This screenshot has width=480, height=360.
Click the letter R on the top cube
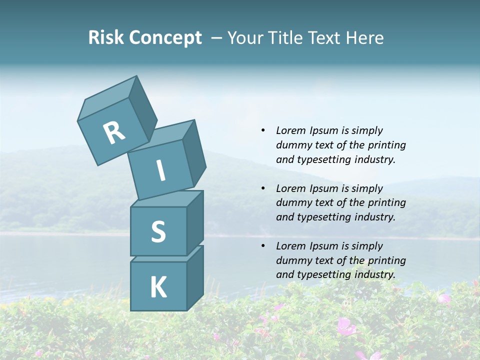[114, 132]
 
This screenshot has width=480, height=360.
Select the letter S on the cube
[158, 231]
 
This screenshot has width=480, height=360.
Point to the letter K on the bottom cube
[158, 287]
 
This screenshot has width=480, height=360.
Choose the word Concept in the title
[164, 38]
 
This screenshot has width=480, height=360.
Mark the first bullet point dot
[263, 130]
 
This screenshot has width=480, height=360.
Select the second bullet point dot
[263, 188]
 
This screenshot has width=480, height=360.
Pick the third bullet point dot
[263, 246]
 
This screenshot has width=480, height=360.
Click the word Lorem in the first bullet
[291, 130]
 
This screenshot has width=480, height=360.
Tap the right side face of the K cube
[195, 277]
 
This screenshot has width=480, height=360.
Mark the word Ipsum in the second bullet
[323, 188]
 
